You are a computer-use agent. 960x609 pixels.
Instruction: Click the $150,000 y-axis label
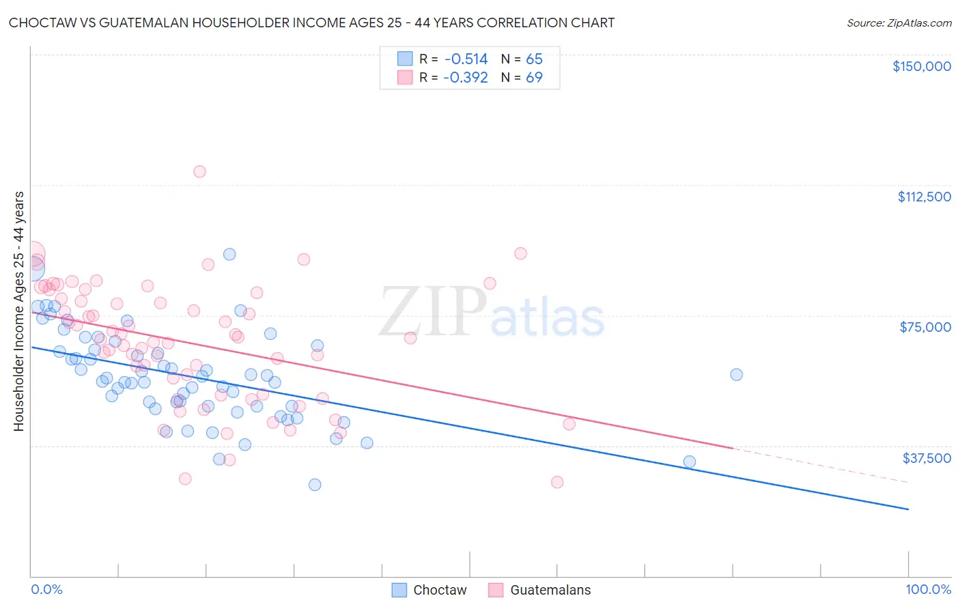[x=921, y=66]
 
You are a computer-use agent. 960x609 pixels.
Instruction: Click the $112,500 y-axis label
[x=924, y=197]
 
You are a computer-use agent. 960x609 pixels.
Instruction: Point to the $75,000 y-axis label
[x=925, y=327]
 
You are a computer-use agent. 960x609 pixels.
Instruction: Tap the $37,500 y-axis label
[x=927, y=458]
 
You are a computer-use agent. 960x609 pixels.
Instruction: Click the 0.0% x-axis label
[x=46, y=589]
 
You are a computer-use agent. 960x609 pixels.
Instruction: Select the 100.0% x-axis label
[x=928, y=589]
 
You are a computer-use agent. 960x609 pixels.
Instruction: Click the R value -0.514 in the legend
[x=465, y=59]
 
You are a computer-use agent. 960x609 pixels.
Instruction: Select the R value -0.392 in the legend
[x=465, y=78]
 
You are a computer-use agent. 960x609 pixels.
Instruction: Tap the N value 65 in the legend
[x=534, y=59]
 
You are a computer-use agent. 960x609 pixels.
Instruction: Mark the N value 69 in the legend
[x=534, y=78]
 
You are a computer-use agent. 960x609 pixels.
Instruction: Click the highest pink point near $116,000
[x=199, y=171]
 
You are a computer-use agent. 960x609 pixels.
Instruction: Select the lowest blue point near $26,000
[x=315, y=485]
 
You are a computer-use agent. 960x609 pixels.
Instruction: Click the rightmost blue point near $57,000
[x=736, y=374]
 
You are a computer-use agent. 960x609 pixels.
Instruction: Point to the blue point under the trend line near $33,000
[x=690, y=462]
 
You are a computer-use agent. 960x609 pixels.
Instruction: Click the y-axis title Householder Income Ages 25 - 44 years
[x=18, y=311]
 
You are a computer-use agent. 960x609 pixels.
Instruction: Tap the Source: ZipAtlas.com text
[x=899, y=23]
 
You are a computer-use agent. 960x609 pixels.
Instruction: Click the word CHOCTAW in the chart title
[x=40, y=23]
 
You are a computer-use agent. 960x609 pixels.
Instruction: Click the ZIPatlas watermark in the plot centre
[x=492, y=313]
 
